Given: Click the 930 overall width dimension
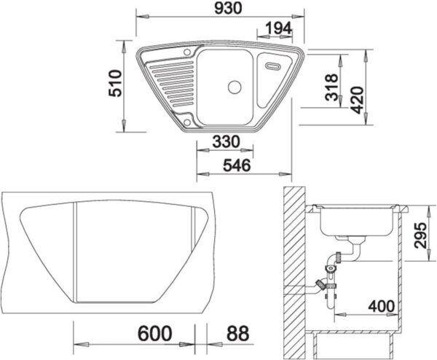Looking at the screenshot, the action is pyautogui.click(x=228, y=8).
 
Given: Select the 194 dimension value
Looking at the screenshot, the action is pyautogui.click(x=278, y=28).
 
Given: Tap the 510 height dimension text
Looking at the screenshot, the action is pyautogui.click(x=115, y=83).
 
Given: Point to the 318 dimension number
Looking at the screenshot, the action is pyautogui.click(x=331, y=87).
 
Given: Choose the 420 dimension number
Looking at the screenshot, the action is pyautogui.click(x=357, y=100).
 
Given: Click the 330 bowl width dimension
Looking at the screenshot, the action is pyautogui.click(x=226, y=141).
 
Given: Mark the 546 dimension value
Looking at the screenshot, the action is pyautogui.click(x=237, y=165).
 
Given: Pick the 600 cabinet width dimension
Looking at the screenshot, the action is pyautogui.click(x=154, y=333).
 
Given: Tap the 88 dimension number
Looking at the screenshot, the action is pyautogui.click(x=237, y=333).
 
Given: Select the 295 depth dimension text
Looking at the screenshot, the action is pyautogui.click(x=420, y=235).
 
